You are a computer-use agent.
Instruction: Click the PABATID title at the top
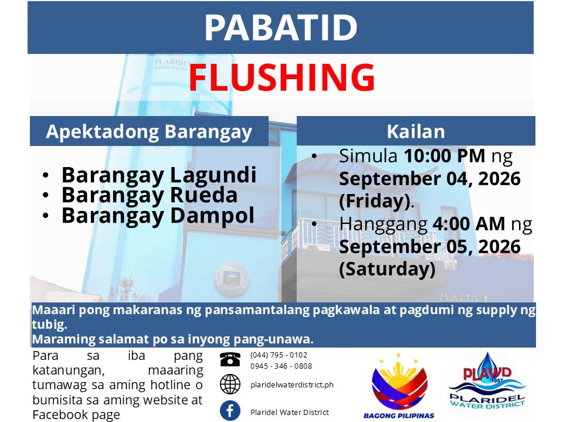pyautogui.click(x=281, y=28)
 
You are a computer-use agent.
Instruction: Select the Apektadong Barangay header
pyautogui.click(x=149, y=132)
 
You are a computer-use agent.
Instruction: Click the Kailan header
pyautogui.click(x=416, y=131)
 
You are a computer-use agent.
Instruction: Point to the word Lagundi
pyautogui.click(x=213, y=175)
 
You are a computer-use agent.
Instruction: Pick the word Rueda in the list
pyautogui.click(x=204, y=195)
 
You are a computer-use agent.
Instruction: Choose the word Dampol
pyautogui.click(x=212, y=216)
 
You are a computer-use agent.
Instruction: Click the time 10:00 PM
pyautogui.click(x=445, y=156)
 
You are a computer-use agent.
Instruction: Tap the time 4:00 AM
pyautogui.click(x=469, y=224)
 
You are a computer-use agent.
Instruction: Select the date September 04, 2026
pyautogui.click(x=430, y=179)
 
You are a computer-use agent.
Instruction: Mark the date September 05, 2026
pyautogui.click(x=430, y=247)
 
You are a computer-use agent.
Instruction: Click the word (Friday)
pyautogui.click(x=375, y=201)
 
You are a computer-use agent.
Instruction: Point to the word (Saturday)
pyautogui.click(x=387, y=269)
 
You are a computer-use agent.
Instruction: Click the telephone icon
pyautogui.click(x=230, y=359)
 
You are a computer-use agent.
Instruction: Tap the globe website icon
pyautogui.click(x=230, y=384)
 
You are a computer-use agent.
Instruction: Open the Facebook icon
pyautogui.click(x=230, y=410)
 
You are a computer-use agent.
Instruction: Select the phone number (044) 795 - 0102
pyautogui.click(x=279, y=355)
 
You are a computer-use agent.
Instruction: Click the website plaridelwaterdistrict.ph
pyautogui.click(x=292, y=385)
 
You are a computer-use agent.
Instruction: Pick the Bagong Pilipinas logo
pyautogui.click(x=399, y=386)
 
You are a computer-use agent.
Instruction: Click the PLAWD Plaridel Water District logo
pyautogui.click(x=487, y=381)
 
